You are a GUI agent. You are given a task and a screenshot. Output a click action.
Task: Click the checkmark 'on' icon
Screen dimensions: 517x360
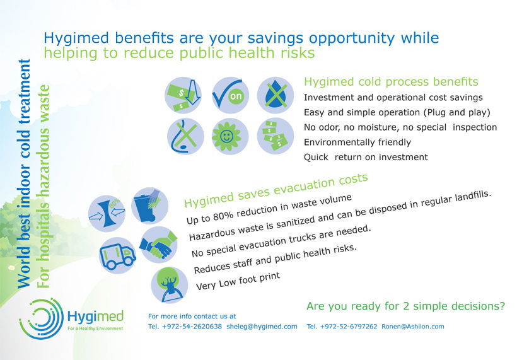coord(230,95)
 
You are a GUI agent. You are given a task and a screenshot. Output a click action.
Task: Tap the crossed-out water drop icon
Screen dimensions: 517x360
coord(276,95)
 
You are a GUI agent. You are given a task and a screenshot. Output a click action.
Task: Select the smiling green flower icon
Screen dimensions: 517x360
coord(230,136)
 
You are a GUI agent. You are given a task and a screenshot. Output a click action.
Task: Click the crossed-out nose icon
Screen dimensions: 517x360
coord(185,136)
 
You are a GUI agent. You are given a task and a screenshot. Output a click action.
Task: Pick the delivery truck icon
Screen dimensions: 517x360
coord(117,255)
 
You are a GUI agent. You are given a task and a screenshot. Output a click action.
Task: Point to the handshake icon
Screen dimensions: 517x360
coord(158,245)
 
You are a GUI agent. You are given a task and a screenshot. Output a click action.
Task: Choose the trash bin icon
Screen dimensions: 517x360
coord(149,206)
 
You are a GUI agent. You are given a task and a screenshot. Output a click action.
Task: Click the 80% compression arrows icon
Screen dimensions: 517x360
coord(107,213)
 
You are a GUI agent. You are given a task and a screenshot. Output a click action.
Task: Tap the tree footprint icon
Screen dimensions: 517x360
coord(170,285)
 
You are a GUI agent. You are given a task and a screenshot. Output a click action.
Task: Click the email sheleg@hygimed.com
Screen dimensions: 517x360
coord(262,327)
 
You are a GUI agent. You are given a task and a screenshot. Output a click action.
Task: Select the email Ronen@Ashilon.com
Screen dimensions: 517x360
coord(413,327)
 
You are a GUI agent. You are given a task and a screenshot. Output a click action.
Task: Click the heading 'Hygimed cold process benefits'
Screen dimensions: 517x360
coord(391,82)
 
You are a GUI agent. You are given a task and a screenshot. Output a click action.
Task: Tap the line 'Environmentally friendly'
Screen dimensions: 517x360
coord(357,142)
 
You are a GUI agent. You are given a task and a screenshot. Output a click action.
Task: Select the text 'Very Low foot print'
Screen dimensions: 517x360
coord(238,281)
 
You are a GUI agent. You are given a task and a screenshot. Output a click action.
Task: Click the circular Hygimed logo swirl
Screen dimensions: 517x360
coord(41,318)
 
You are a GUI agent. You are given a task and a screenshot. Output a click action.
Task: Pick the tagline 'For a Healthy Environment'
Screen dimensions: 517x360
coord(95,328)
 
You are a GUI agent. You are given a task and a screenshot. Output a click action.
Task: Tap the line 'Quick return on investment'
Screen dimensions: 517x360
coord(366,157)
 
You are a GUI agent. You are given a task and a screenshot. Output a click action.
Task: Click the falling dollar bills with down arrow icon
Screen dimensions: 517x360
coord(183,95)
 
